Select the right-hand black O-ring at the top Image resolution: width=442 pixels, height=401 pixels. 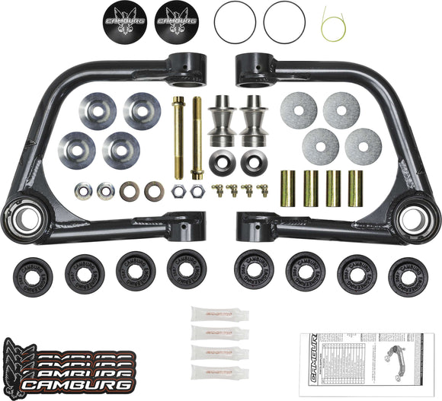(x=284, y=21)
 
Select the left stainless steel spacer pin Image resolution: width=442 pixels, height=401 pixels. (x=222, y=123)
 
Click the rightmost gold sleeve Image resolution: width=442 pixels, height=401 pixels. (x=355, y=189)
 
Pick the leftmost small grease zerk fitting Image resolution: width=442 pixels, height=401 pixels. (x=219, y=190)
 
